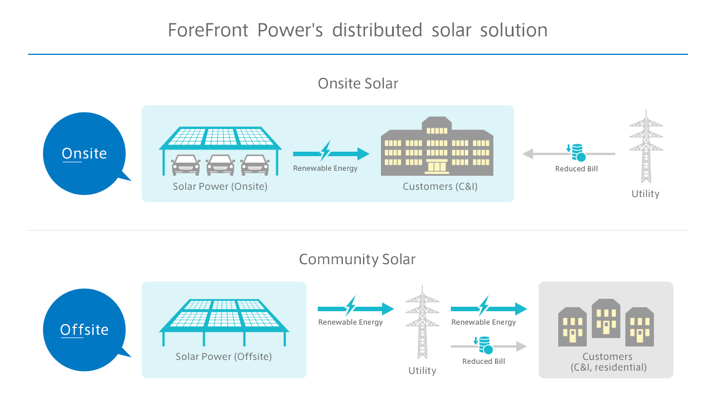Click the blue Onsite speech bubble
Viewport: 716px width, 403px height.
(84, 153)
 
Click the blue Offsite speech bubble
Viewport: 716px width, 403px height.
(84, 330)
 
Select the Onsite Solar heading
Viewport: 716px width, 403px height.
(358, 83)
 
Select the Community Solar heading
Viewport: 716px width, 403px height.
(357, 259)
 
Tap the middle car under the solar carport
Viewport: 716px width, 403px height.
(220, 165)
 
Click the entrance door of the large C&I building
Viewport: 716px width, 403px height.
(437, 166)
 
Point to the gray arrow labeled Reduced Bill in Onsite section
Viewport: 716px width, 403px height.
(569, 154)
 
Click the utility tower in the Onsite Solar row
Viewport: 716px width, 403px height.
(646, 146)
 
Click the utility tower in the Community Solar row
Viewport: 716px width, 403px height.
(422, 322)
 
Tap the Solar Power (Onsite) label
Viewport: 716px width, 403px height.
(220, 186)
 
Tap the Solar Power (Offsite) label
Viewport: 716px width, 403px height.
(224, 357)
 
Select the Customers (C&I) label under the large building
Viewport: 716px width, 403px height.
(440, 186)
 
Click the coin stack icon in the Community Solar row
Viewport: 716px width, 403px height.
(484, 345)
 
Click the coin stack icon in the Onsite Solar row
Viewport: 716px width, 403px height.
(576, 153)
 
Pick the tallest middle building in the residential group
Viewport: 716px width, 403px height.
(606, 318)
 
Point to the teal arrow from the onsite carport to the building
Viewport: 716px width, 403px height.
(331, 153)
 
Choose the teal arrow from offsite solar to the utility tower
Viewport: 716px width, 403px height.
(356, 308)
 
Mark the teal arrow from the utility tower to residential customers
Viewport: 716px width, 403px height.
(489, 308)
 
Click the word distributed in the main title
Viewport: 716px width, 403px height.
(377, 30)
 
